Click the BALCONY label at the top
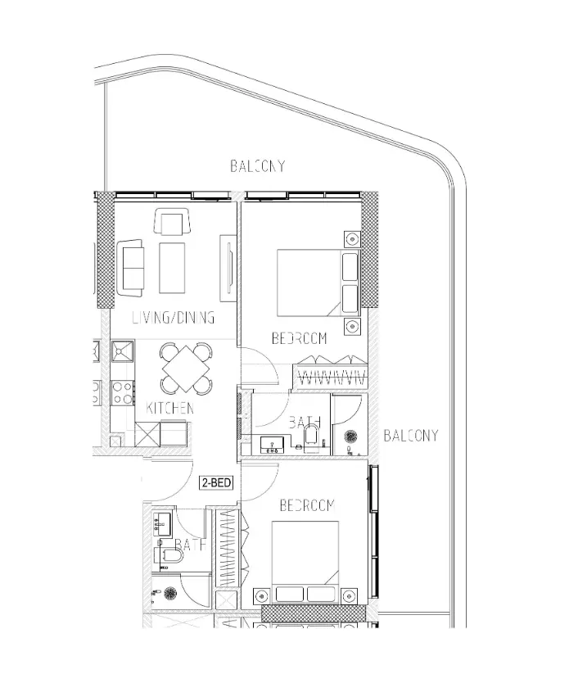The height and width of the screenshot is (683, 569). (x=257, y=166)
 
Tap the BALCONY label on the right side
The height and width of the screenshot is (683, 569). (x=410, y=435)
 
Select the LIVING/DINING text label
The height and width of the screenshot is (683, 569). (x=173, y=317)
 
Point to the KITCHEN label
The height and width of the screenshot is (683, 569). (x=169, y=407)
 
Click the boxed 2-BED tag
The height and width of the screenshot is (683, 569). (x=217, y=483)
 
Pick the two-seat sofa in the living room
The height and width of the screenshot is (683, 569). (x=130, y=268)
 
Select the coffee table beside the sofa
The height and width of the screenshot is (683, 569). (x=173, y=268)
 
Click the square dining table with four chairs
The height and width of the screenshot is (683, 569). (x=186, y=369)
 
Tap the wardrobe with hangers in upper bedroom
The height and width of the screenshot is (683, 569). (x=329, y=373)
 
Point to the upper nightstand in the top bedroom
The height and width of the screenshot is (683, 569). (x=352, y=239)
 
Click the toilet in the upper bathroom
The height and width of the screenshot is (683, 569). (x=312, y=441)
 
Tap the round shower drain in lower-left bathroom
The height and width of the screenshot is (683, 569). (x=170, y=593)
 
